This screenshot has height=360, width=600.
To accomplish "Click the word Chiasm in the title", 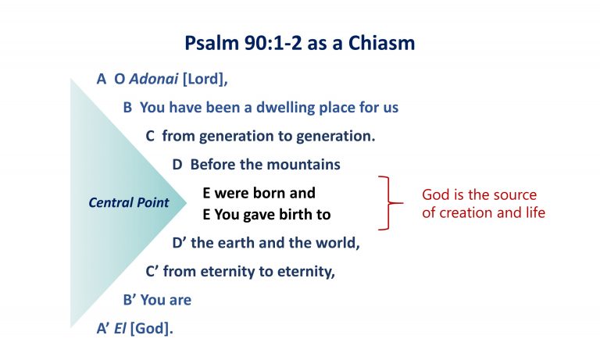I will pos(382,43).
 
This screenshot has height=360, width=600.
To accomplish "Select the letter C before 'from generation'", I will pos(151,136).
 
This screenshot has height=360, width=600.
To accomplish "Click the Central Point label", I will pos(128,203).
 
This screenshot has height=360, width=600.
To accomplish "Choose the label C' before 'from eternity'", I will pos(153,272).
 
